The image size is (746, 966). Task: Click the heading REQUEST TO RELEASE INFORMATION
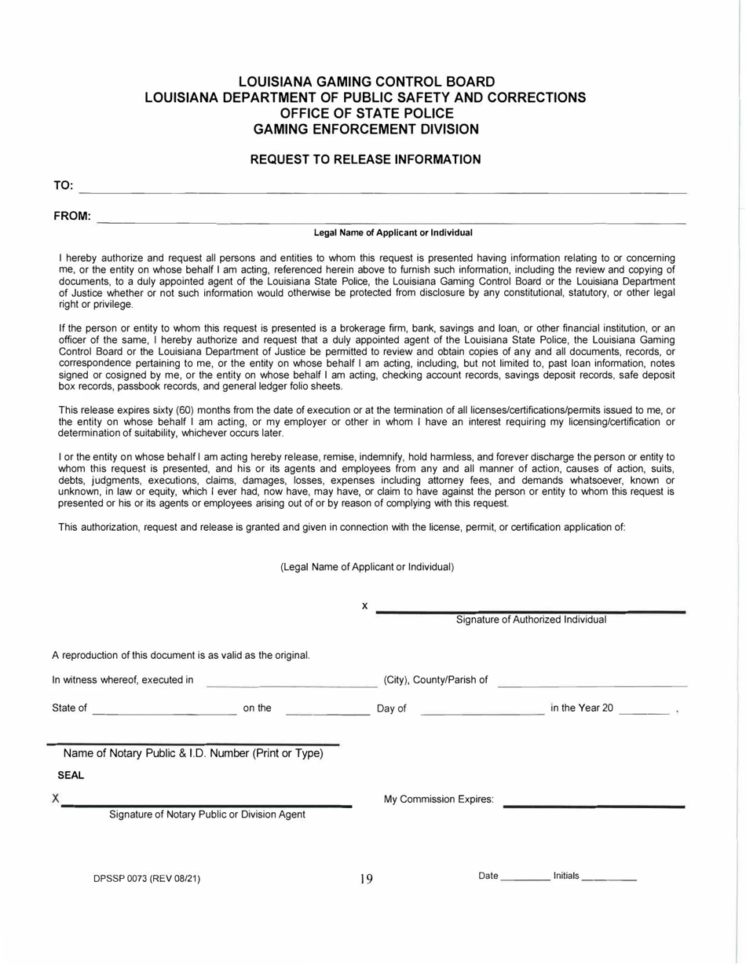tap(365, 160)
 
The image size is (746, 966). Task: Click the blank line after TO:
tap(383, 191)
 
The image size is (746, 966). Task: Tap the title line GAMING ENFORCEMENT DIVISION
tap(366, 128)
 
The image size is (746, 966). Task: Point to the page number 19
tap(366, 879)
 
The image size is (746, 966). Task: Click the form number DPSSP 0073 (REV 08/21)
tap(147, 879)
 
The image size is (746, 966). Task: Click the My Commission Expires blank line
tap(594, 805)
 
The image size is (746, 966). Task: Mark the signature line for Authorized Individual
tap(531, 611)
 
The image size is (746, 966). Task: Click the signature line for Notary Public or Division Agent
tap(207, 805)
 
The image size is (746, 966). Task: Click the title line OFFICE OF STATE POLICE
tap(366, 113)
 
